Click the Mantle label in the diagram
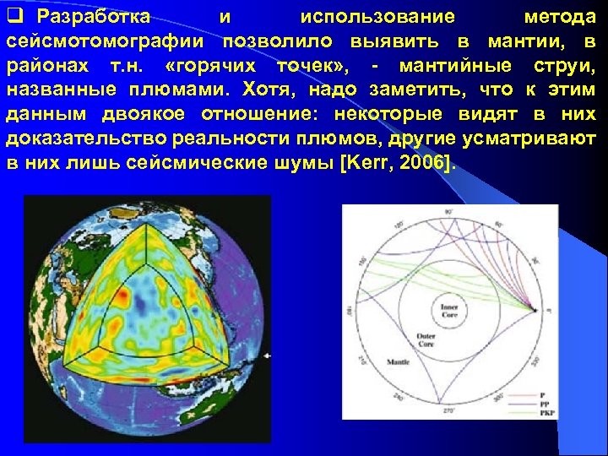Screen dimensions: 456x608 click(374, 361)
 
